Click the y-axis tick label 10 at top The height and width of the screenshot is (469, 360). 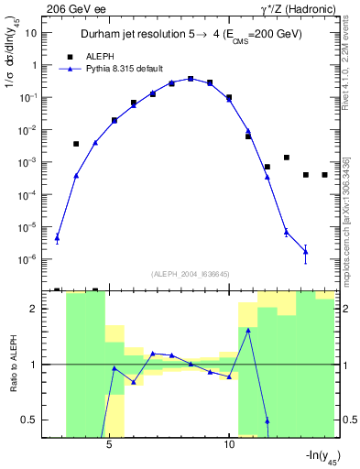(x=31, y=33)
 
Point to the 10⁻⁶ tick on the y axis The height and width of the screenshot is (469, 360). (x=29, y=259)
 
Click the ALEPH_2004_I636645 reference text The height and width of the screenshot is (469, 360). (x=190, y=274)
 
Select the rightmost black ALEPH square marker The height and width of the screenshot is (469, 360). (x=324, y=175)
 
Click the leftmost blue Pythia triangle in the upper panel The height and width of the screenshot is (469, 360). (x=57, y=238)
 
